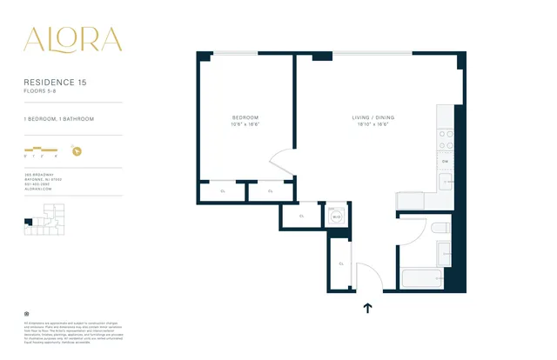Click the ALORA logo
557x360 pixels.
pyautogui.click(x=73, y=40)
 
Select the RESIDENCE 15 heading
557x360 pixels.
pyautogui.click(x=56, y=82)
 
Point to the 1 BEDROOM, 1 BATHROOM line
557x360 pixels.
pyautogui.click(x=59, y=118)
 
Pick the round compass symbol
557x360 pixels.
pyautogui.click(x=77, y=150)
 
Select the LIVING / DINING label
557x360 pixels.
pyautogui.click(x=369, y=117)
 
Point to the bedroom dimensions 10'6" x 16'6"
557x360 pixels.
pyautogui.click(x=245, y=124)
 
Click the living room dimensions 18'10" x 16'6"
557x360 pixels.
pyautogui.click(x=369, y=124)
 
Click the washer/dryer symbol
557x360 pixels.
pyautogui.click(x=336, y=217)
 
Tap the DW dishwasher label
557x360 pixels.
pyautogui.click(x=445, y=162)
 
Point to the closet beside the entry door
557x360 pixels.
pyautogui.click(x=341, y=263)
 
